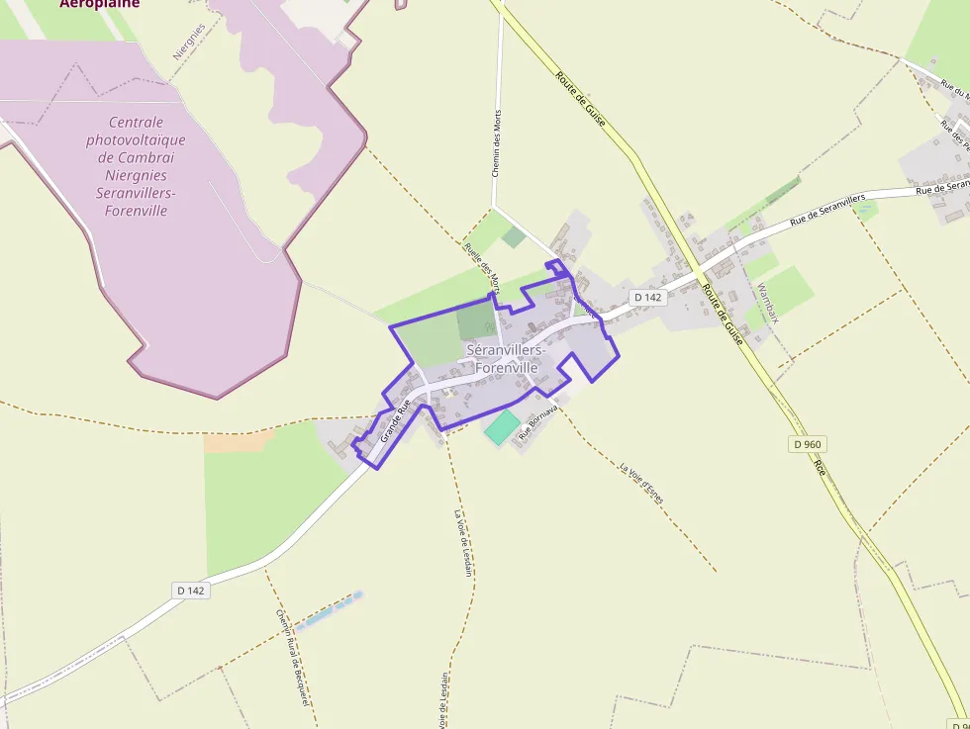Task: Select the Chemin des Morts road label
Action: pyautogui.click(x=497, y=143)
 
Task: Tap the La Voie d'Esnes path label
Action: pyautogui.click(x=640, y=482)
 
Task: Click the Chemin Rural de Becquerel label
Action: pyautogui.click(x=293, y=657)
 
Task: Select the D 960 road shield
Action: pyautogui.click(x=808, y=444)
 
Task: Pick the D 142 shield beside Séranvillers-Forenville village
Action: pyautogui.click(x=647, y=297)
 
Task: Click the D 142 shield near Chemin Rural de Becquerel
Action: pyautogui.click(x=191, y=591)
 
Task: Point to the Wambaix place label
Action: pyautogui.click(x=768, y=303)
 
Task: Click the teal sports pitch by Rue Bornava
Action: pyautogui.click(x=502, y=427)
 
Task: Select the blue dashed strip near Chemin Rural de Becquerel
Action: pyautogui.click(x=329, y=609)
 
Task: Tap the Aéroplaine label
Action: pyautogui.click(x=99, y=4)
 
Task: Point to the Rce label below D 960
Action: pyautogui.click(x=820, y=467)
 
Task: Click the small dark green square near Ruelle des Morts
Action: pyautogui.click(x=513, y=236)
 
